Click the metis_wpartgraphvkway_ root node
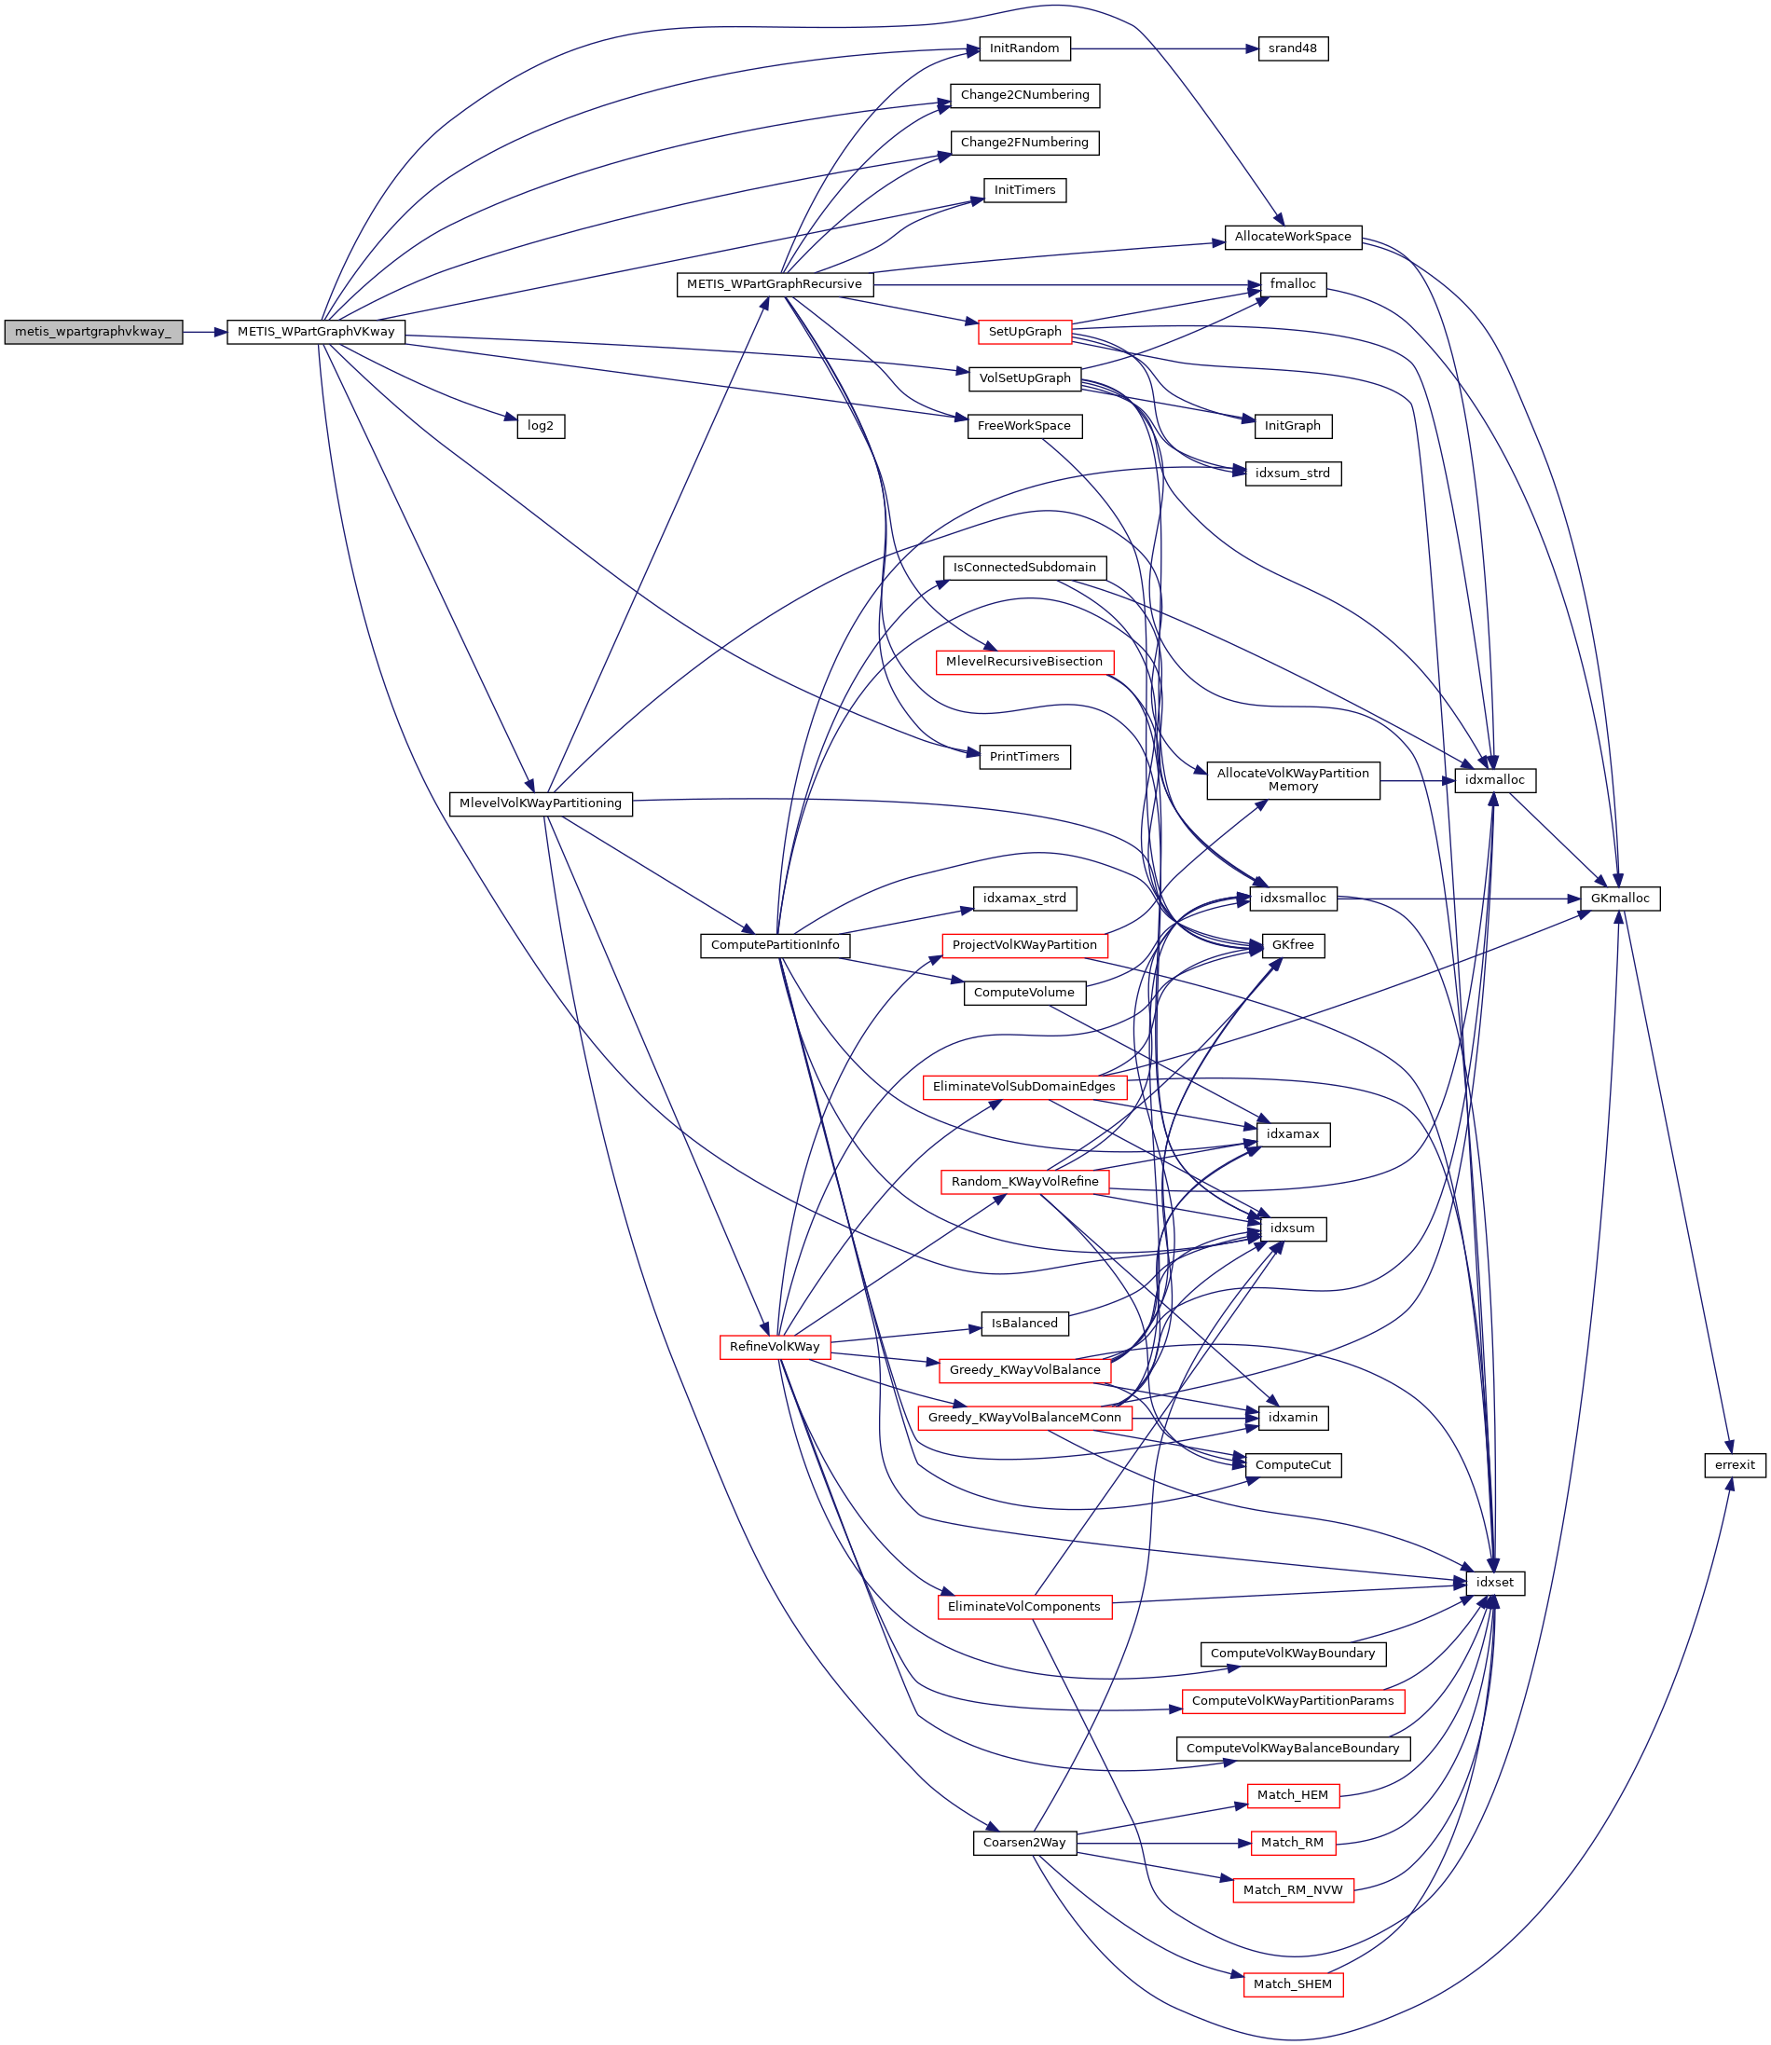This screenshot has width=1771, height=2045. (x=93, y=332)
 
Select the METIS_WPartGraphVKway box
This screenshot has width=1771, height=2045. (x=315, y=332)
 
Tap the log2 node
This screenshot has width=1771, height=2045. (x=541, y=426)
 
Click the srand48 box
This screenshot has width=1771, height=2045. (x=1293, y=48)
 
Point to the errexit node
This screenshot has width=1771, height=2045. (x=1735, y=1465)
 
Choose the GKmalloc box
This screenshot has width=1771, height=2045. (x=1620, y=899)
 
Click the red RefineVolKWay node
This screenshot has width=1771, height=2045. (x=774, y=1346)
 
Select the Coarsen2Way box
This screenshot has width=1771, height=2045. (x=1023, y=1843)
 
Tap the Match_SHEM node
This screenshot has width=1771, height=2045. (x=1293, y=1983)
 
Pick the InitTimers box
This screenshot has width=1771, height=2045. (x=1023, y=190)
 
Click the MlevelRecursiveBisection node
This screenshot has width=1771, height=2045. (x=1023, y=661)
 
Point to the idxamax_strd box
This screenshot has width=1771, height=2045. (x=1023, y=899)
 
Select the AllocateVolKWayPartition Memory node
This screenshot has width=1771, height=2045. (x=1293, y=780)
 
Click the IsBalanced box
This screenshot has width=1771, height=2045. (x=1023, y=1323)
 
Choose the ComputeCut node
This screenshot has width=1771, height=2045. (x=1293, y=1465)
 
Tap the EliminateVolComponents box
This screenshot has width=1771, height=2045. (x=1023, y=1606)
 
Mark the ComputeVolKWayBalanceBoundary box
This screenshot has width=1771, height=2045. (x=1293, y=1748)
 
